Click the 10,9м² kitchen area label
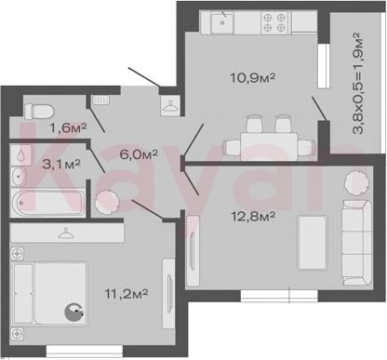click(x=253, y=77)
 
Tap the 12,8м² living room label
click(x=253, y=216)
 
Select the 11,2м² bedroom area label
click(x=127, y=293)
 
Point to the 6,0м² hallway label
click(x=139, y=153)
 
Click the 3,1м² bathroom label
click(x=61, y=164)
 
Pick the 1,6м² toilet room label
click(x=68, y=127)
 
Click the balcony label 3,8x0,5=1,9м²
click(x=358, y=83)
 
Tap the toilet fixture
click(x=39, y=112)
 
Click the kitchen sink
click(x=222, y=22)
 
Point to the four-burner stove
click(x=274, y=22)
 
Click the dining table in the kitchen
click(x=269, y=146)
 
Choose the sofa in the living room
click(x=357, y=243)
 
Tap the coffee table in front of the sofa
click(x=312, y=243)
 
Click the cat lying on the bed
click(x=73, y=313)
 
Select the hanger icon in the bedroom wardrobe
click(x=66, y=233)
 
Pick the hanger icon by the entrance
click(x=170, y=106)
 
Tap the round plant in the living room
click(x=356, y=183)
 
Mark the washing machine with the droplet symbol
click(x=21, y=155)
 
